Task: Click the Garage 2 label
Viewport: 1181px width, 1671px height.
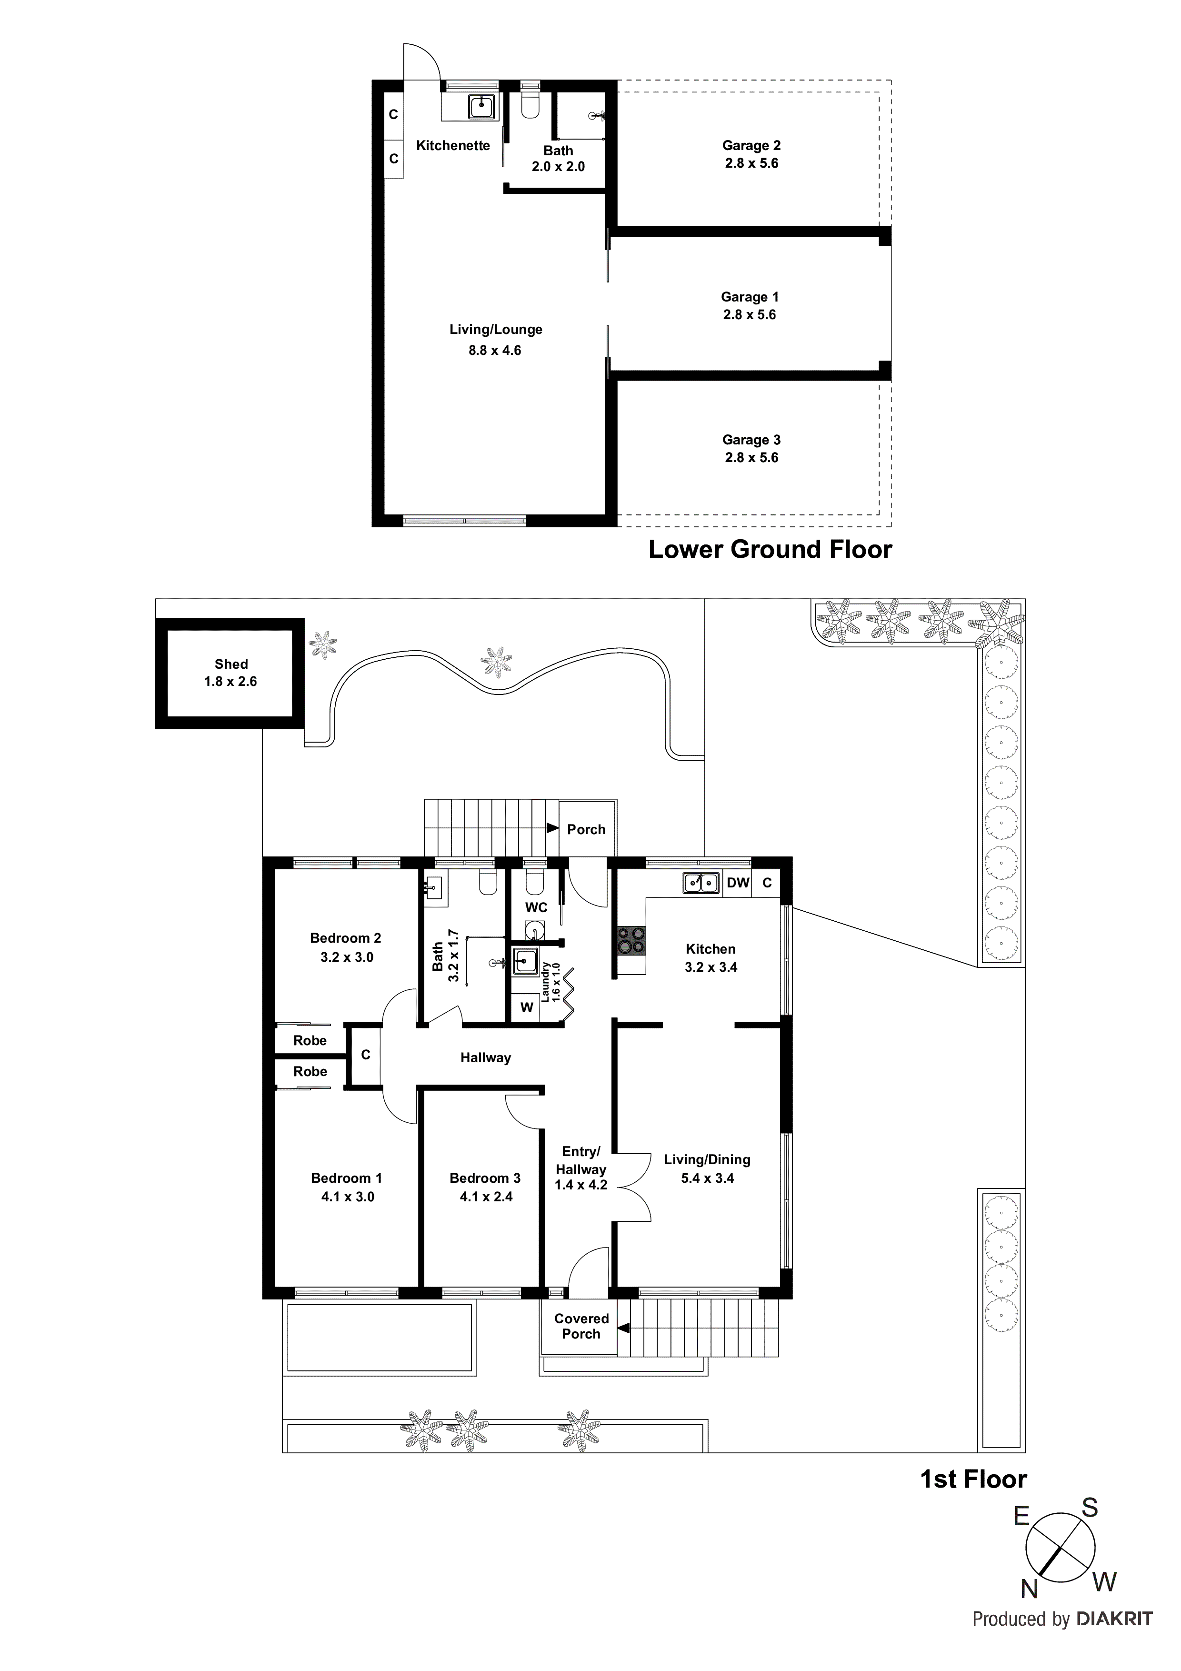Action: coord(751,146)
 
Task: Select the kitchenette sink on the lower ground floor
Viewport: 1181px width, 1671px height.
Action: coord(481,107)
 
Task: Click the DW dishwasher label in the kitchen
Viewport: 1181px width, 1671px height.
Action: coord(737,883)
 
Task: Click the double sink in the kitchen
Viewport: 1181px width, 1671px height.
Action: coord(701,883)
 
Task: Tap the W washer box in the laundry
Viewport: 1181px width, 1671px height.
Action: coord(526,1008)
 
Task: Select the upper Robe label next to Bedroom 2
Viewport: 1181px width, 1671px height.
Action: coord(310,1041)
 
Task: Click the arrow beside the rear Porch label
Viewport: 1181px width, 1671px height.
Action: coord(552,828)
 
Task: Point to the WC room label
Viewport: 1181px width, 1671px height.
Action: coord(536,907)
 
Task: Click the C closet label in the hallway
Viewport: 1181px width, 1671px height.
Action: coord(365,1055)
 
